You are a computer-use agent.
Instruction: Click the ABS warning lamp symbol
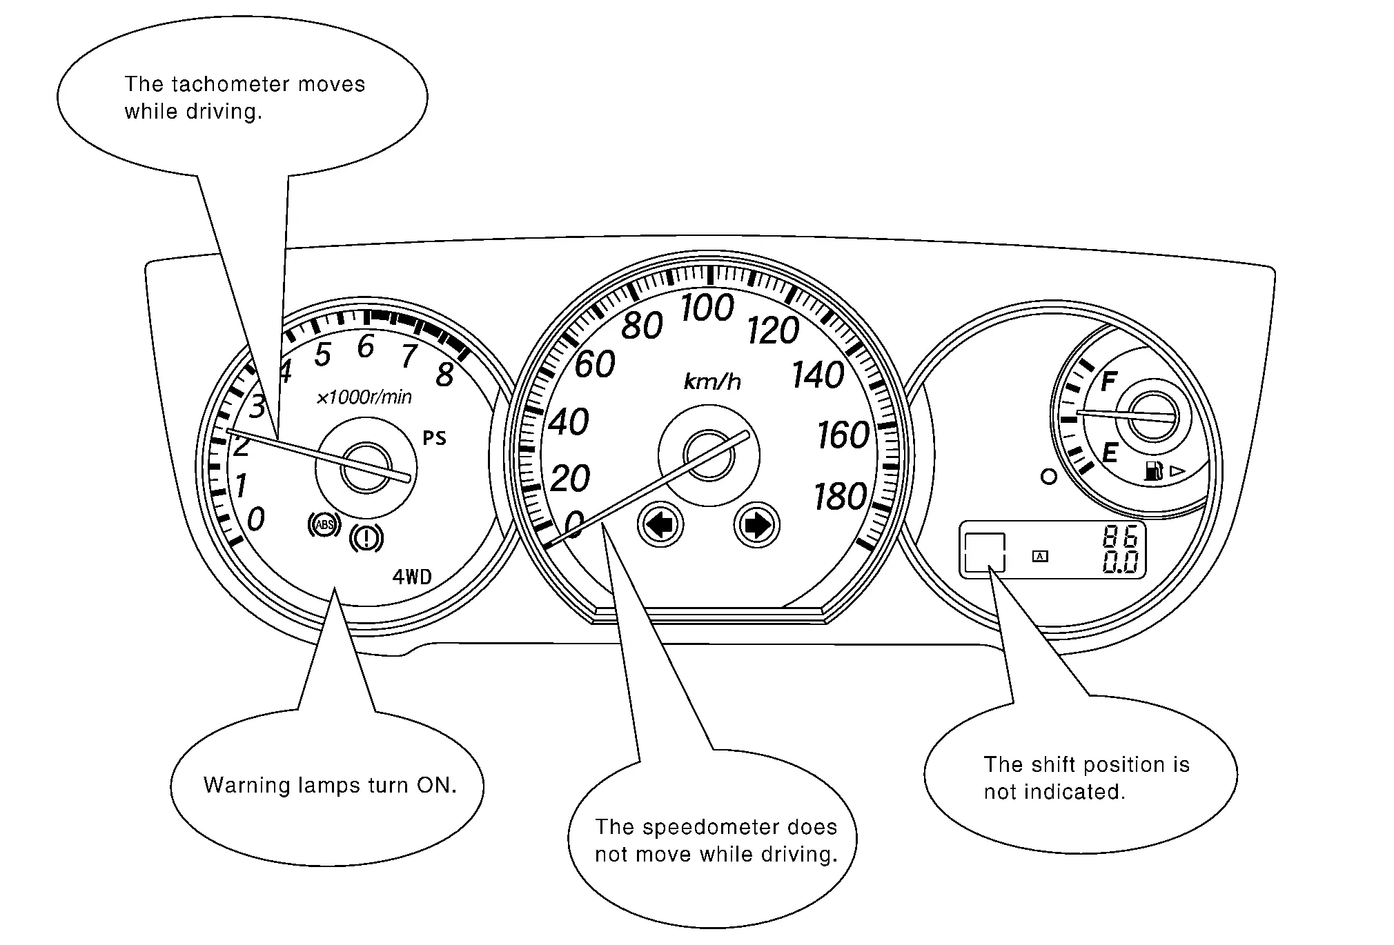[x=324, y=525]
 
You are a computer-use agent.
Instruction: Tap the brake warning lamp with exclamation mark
[x=366, y=538]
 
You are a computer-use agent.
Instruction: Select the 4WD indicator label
[x=412, y=577]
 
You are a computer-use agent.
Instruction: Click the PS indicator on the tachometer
[x=434, y=438]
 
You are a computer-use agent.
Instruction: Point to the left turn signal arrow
[x=660, y=525]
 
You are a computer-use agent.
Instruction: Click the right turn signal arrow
[x=756, y=525]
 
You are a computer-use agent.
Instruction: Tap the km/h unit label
[x=712, y=381]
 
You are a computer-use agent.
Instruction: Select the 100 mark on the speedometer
[x=707, y=308]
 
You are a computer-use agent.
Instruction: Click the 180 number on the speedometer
[x=840, y=497]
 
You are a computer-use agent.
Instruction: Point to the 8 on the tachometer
[x=445, y=375]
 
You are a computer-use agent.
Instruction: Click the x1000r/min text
[x=364, y=397]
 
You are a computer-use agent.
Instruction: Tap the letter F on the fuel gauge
[x=1108, y=381]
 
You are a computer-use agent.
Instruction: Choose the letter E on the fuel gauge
[x=1110, y=453]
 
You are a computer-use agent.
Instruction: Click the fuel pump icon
[x=1153, y=472]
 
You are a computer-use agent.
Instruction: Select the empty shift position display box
[x=984, y=552]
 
